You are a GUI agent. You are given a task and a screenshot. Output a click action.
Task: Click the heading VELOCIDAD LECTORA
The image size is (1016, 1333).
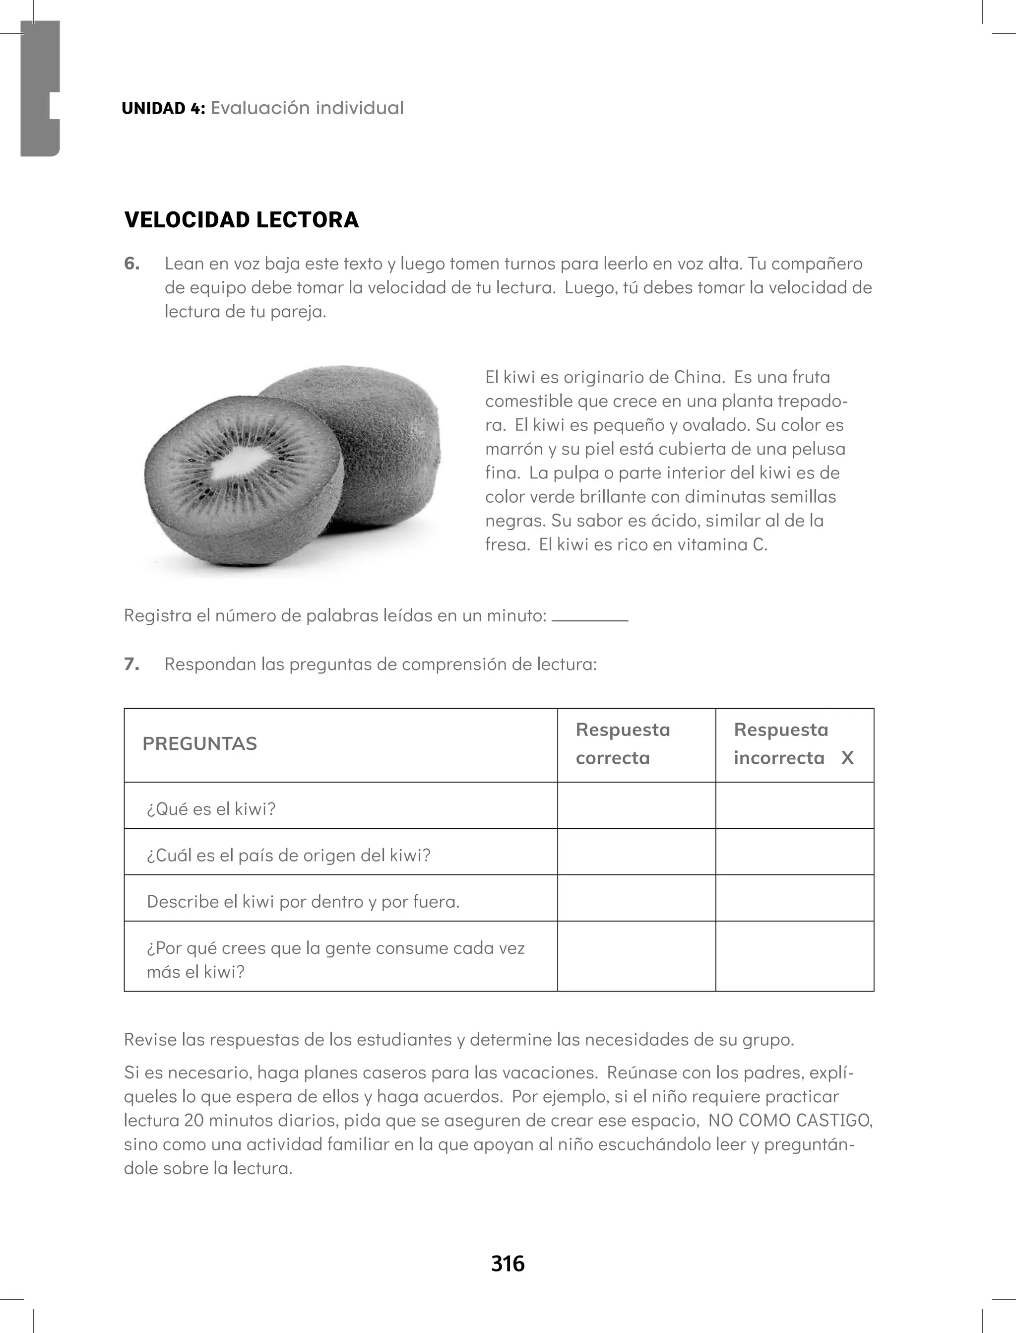241,219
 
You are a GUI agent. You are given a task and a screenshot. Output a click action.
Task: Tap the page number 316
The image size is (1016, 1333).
508,1264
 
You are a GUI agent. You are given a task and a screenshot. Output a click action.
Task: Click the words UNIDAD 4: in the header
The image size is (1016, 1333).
163,108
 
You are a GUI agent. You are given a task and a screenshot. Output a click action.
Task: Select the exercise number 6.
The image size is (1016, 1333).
131,264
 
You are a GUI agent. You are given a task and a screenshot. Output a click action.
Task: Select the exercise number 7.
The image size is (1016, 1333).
131,664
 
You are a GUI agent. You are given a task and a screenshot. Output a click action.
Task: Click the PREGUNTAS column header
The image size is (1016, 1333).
199,744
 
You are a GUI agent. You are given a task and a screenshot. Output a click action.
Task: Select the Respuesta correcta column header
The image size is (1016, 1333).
623,744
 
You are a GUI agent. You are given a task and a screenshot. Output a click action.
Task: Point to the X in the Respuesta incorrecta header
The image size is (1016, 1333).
847,758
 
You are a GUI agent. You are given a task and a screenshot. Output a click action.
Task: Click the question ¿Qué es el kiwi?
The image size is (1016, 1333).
211,809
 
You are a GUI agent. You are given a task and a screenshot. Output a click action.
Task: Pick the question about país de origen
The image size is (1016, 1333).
288,855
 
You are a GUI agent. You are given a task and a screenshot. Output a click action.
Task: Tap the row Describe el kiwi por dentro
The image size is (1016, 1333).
303,902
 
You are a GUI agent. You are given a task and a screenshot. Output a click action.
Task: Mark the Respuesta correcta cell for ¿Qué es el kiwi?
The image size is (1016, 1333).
636,805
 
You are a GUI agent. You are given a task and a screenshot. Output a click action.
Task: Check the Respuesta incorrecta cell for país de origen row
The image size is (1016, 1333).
795,852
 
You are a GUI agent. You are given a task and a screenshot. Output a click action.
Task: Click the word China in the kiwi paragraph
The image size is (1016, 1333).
698,377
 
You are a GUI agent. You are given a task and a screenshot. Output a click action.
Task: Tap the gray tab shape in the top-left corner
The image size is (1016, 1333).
40,88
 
